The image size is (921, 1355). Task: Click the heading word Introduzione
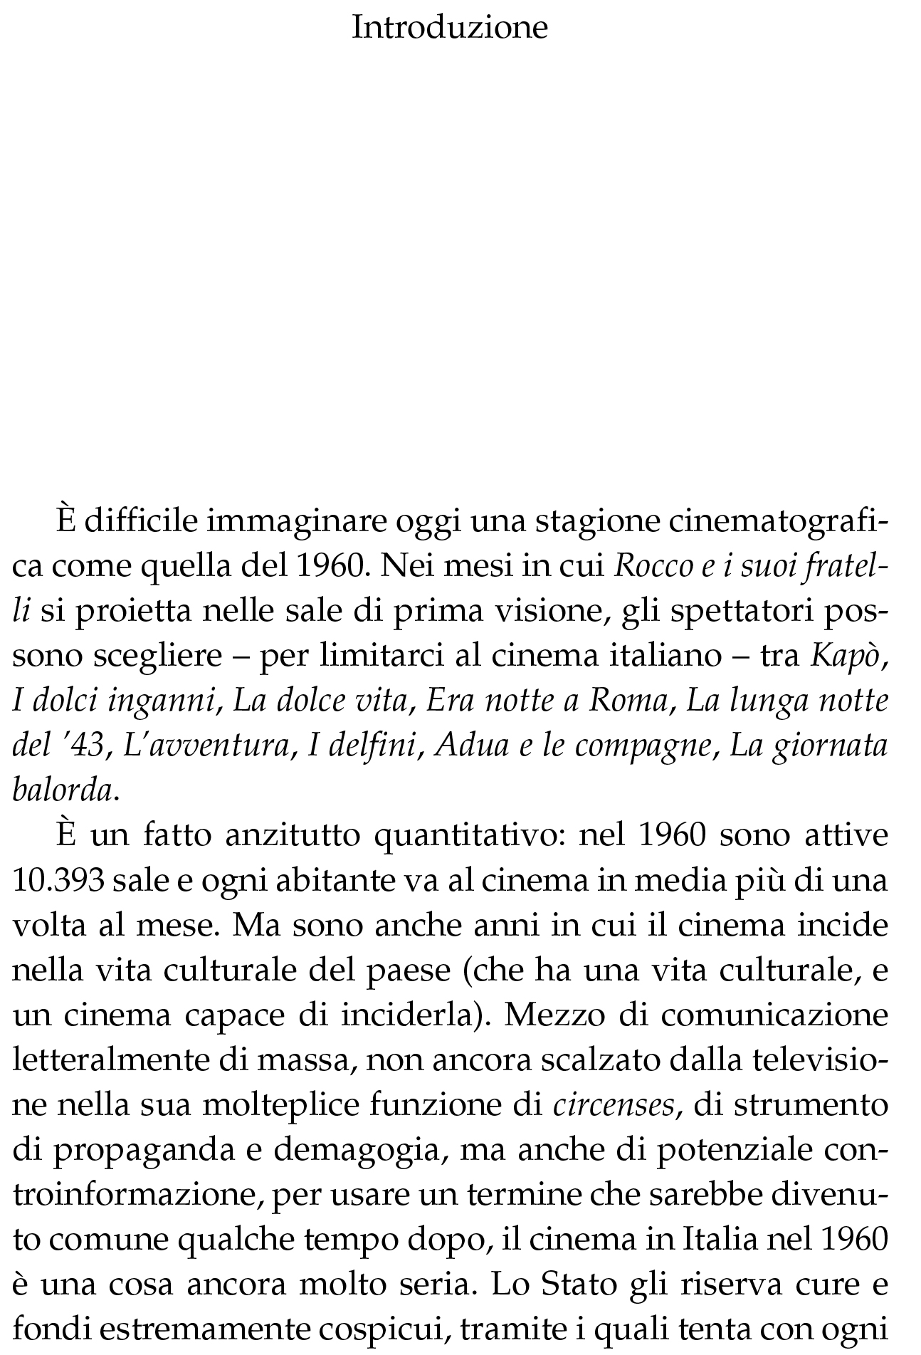450,28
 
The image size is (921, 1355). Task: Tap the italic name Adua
469,745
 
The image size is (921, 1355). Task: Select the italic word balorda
63,790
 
